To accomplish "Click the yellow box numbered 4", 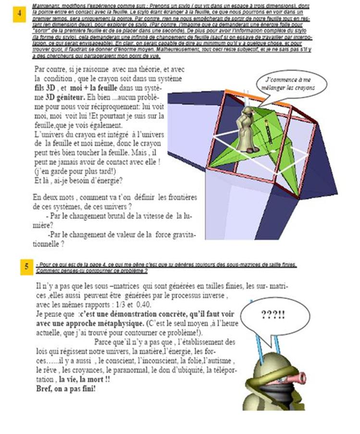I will click(19, 13).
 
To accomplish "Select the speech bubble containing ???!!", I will click(273, 315).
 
